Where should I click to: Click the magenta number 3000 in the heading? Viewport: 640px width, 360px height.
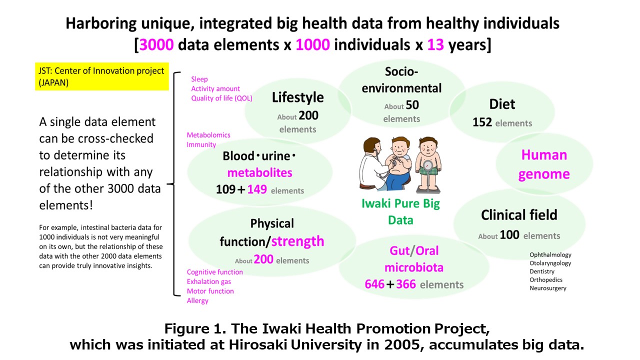[x=156, y=45]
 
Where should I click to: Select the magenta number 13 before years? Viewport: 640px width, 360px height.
[x=435, y=45]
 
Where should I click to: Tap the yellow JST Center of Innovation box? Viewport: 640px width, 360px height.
[x=101, y=76]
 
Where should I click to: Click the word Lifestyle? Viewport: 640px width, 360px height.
[x=297, y=97]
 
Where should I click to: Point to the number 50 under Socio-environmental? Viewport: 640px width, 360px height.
[x=412, y=105]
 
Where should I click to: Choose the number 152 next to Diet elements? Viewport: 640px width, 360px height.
[x=482, y=122]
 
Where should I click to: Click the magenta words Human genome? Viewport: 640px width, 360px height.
[x=544, y=164]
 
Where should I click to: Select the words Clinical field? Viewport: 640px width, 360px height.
[x=519, y=215]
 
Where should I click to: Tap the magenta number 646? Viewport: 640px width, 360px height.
[x=374, y=284]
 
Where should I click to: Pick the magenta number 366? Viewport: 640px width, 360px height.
[x=405, y=284]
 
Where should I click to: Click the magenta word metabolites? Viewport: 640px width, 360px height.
[x=259, y=173]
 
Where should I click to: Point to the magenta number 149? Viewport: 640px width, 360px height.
[x=257, y=189]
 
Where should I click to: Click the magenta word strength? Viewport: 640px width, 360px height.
[x=297, y=241]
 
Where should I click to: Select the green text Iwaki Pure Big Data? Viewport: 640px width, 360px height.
[x=400, y=211]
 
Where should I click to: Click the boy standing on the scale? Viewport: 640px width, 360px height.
[x=428, y=164]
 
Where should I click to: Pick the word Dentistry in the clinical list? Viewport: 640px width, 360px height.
[x=542, y=271]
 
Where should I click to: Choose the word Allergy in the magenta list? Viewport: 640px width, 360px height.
[x=197, y=301]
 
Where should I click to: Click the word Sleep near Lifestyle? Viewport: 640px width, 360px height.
[x=199, y=79]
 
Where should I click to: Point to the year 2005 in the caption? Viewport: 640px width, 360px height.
[x=402, y=344]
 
